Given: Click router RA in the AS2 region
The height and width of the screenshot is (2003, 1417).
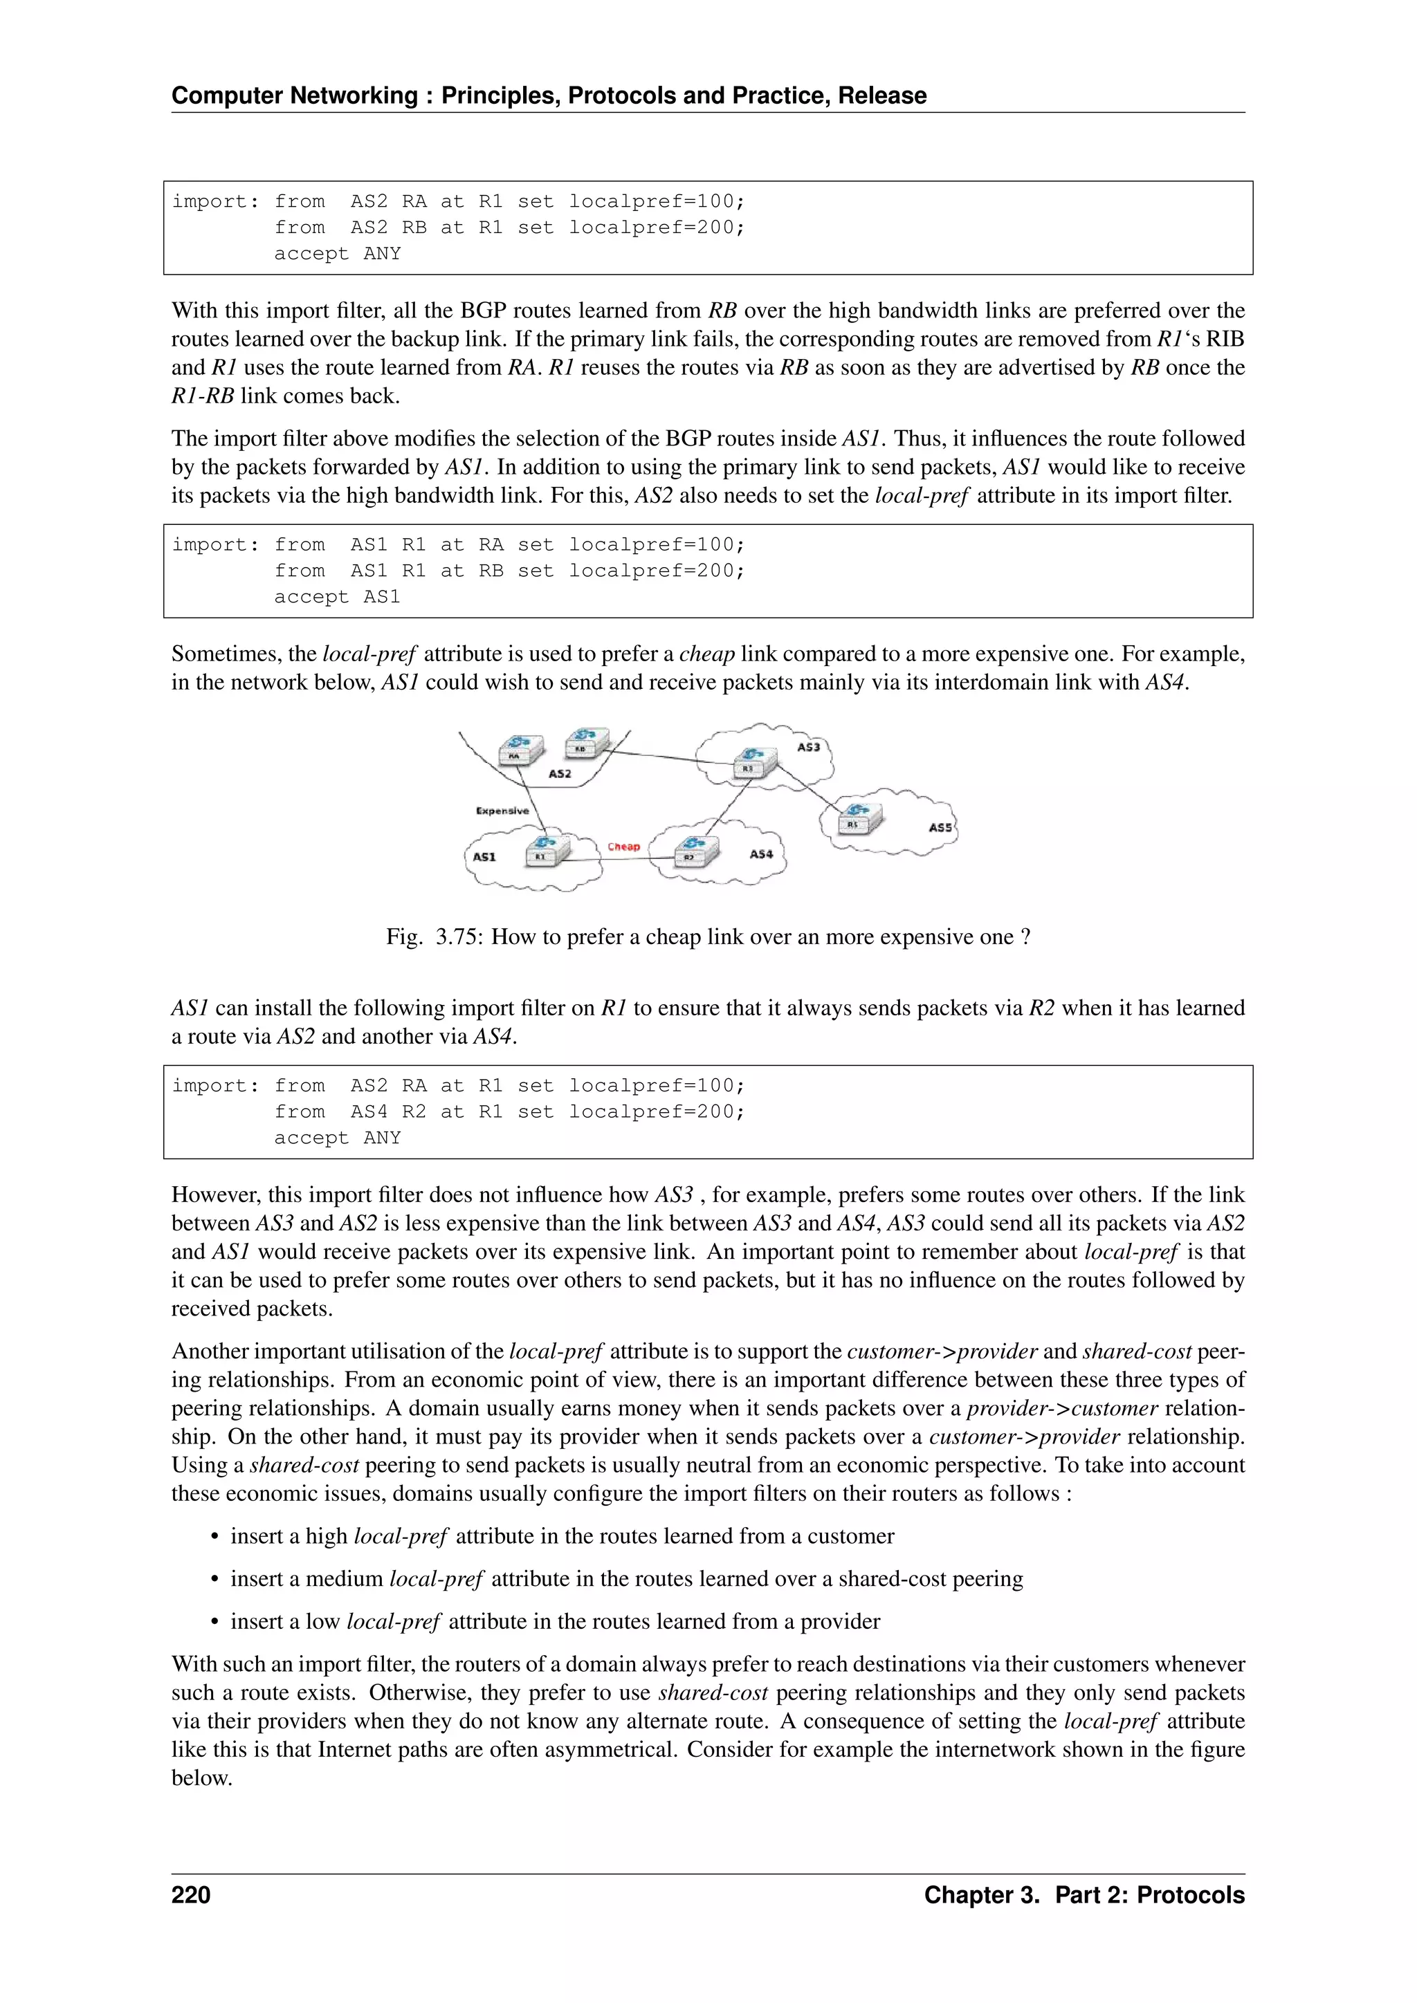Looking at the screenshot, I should [x=520, y=749].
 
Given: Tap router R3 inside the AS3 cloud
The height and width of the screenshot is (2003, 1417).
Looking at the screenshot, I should [x=753, y=761].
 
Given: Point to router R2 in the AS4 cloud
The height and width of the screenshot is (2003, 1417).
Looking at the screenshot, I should [x=695, y=851].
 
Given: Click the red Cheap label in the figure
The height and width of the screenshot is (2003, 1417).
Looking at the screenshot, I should [x=623, y=846].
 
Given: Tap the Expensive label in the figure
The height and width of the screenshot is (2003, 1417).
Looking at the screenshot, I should [x=502, y=811].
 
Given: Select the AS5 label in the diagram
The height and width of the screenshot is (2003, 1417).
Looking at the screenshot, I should [x=940, y=827].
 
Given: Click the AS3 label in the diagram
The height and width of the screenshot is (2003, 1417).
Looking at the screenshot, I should [x=808, y=747].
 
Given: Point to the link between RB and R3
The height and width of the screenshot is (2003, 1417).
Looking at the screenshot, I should [x=672, y=758].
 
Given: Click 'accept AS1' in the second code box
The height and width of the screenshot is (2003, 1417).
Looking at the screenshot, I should [x=337, y=597].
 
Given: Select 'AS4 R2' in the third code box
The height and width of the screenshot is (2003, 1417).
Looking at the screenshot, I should [x=387, y=1111].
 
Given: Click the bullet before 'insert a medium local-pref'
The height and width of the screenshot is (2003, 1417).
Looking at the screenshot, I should [x=214, y=1580].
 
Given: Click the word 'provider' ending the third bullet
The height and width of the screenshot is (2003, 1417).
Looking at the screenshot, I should [x=839, y=1621].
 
